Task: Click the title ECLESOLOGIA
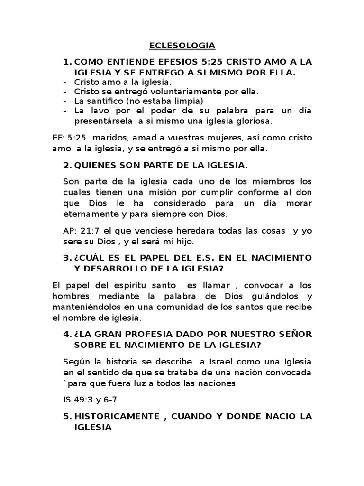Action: click(x=182, y=46)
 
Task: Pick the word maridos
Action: click(x=110, y=138)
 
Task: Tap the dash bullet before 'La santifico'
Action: click(x=65, y=101)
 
